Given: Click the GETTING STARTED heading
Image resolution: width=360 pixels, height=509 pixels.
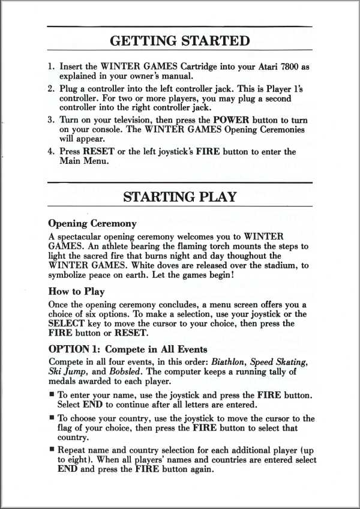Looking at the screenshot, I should click(180, 41).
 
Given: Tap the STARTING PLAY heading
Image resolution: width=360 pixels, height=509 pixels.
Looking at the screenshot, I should click(180, 196).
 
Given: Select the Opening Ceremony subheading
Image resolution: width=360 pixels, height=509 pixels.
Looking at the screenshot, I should click(92, 223).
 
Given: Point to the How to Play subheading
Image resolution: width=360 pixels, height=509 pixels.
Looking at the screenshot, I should click(76, 292).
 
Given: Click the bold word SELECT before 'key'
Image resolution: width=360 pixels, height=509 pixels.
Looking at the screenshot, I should click(65, 324).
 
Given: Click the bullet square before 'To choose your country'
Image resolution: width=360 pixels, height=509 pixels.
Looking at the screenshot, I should click(51, 418).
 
